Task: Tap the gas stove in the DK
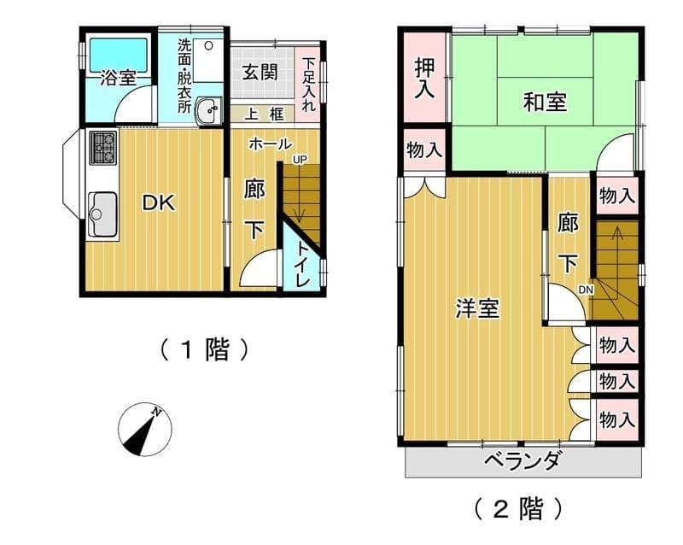pyautogui.click(x=102, y=149)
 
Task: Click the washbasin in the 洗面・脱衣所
pyautogui.click(x=207, y=110)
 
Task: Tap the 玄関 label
pyautogui.click(x=260, y=72)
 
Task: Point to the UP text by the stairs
pyautogui.click(x=299, y=159)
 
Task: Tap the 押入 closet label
pyautogui.click(x=424, y=77)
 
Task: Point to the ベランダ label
pyautogui.click(x=522, y=461)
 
